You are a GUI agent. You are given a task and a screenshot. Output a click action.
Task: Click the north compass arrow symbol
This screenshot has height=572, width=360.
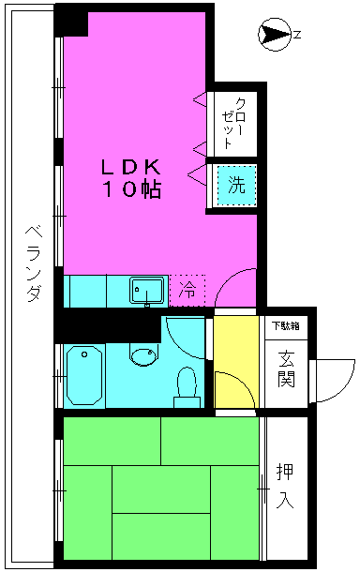pos(276,35)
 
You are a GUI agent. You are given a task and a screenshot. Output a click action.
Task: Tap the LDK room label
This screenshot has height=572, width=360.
pos(131,168)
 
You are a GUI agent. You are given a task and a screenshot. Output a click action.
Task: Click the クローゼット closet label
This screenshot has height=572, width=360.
pos(233,123)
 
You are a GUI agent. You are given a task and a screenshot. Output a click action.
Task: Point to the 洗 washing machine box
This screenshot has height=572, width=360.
pos(236,185)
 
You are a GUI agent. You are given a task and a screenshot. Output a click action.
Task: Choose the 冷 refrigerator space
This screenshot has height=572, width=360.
pos(187,291)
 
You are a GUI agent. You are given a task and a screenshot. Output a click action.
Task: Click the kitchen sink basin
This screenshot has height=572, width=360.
pos(146,291)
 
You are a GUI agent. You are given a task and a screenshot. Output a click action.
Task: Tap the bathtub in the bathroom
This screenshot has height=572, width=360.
pos(84,375)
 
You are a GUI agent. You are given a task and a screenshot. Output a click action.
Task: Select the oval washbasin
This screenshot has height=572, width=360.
pos(143,356)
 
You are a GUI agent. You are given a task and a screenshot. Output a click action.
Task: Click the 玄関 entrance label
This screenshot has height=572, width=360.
pos(286,369)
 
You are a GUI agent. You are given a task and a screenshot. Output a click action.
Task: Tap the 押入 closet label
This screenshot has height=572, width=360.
pos(285,486)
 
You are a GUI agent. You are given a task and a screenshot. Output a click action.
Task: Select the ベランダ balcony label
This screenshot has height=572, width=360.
pos(34,263)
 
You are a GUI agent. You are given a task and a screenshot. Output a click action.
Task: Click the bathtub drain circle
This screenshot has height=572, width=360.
pos(84,354)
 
